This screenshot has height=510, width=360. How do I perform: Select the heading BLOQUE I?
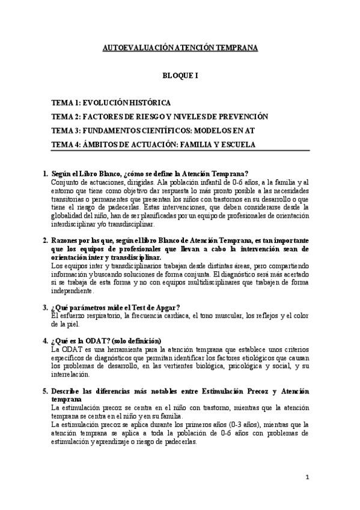[180, 77]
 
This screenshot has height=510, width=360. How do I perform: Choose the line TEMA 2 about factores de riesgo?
[159, 117]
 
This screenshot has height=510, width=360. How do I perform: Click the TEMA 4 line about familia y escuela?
[153, 144]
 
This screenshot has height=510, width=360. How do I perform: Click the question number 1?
[45, 174]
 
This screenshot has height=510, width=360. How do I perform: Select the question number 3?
[45, 308]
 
